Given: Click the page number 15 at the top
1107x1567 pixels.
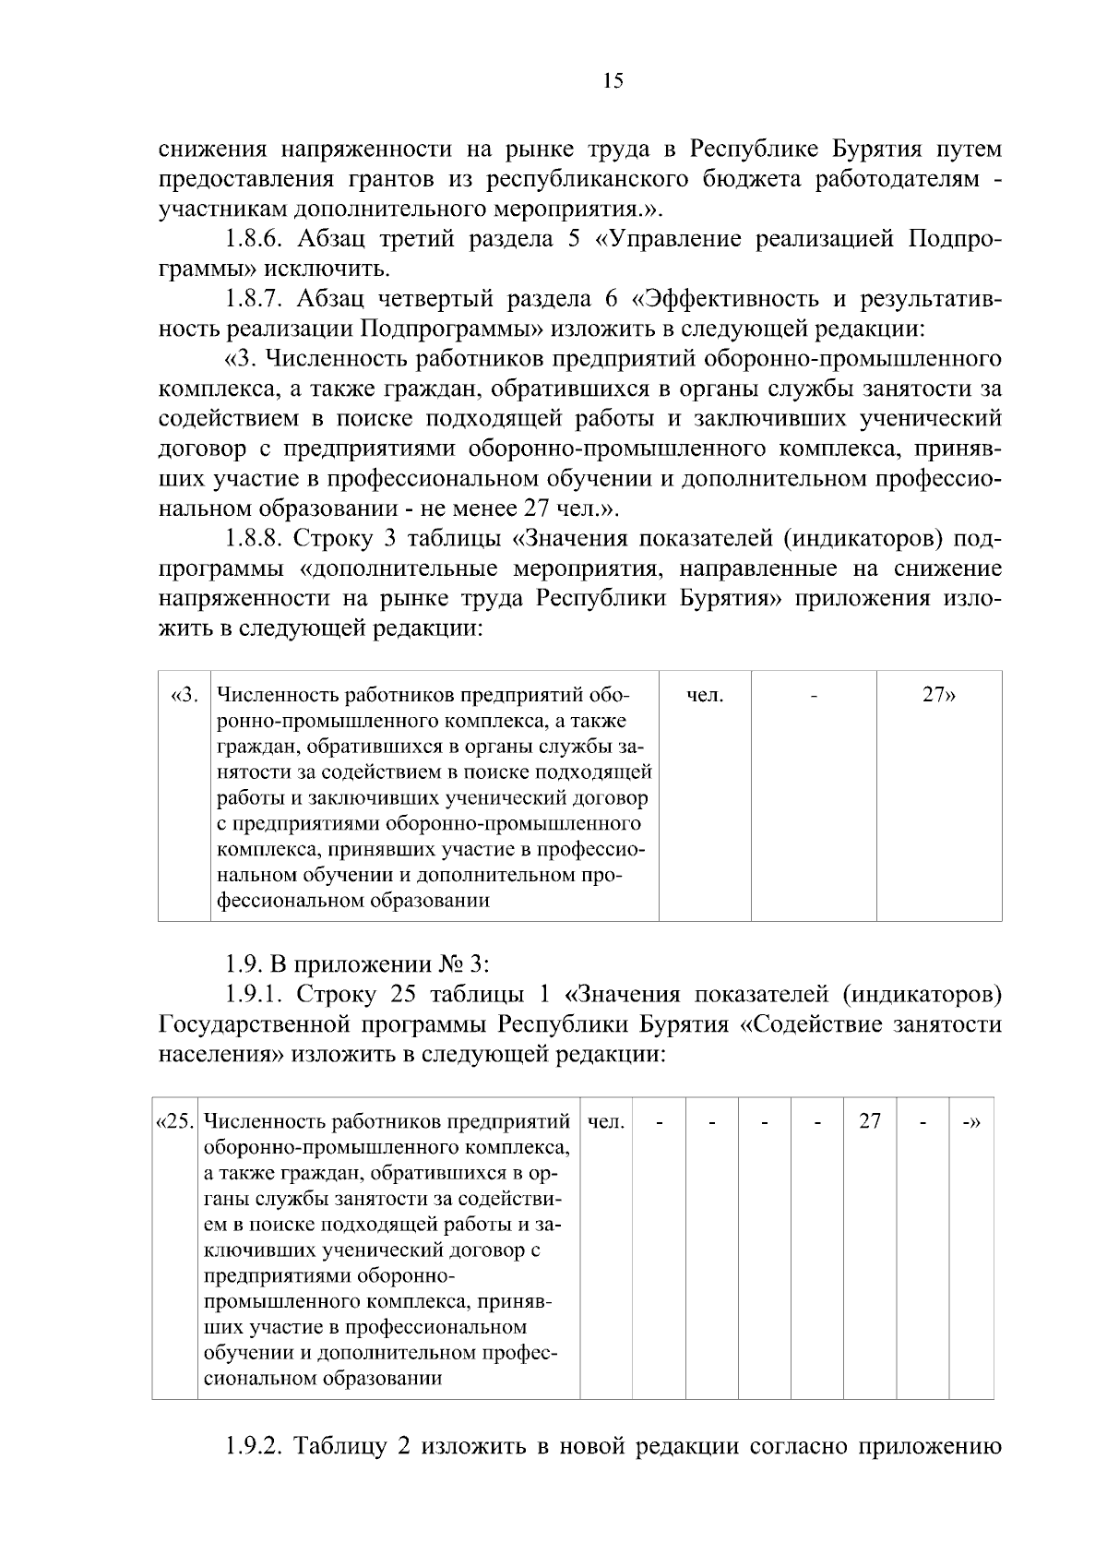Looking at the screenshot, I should coord(613,81).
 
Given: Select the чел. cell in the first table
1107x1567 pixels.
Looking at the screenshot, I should coord(705,695).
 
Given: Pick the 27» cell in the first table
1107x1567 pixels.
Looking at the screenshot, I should coord(938,695).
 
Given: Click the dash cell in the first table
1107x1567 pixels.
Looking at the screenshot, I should coord(814,695).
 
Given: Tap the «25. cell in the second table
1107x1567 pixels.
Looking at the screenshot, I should coord(174,1121).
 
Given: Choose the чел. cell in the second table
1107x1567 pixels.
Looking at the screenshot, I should coord(605,1121).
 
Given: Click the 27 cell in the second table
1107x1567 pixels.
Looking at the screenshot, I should coord(870,1121).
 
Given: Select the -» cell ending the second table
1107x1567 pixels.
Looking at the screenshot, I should coord(970,1121).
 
